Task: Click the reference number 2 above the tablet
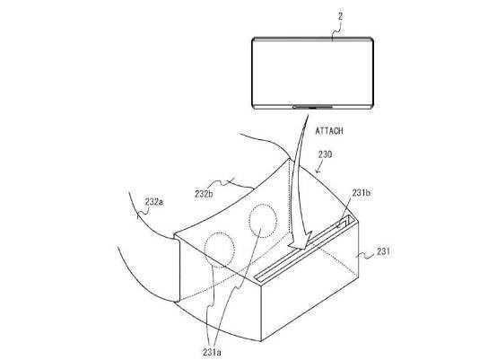340,16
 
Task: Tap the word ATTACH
329,131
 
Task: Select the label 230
325,154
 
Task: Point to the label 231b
362,192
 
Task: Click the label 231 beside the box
383,251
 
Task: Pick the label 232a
154,202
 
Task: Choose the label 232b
204,194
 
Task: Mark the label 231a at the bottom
212,352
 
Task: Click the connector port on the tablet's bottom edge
312,108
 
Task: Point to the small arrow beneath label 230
319,167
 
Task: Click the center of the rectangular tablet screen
312,73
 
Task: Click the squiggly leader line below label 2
336,31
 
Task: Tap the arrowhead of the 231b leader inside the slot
338,225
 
